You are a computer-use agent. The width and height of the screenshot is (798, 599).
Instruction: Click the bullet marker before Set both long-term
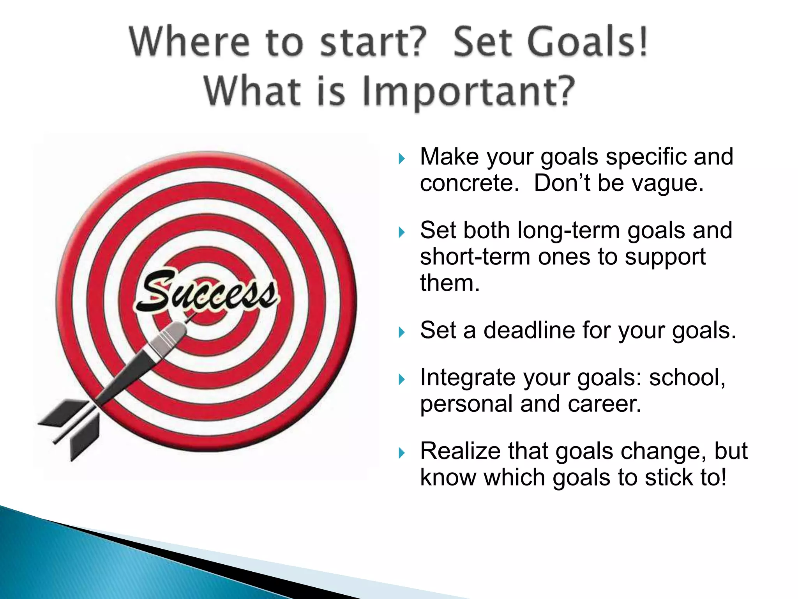point(402,232)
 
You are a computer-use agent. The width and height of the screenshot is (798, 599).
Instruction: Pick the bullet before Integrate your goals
point(402,379)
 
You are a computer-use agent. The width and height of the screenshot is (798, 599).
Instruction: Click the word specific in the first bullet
point(646,157)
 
